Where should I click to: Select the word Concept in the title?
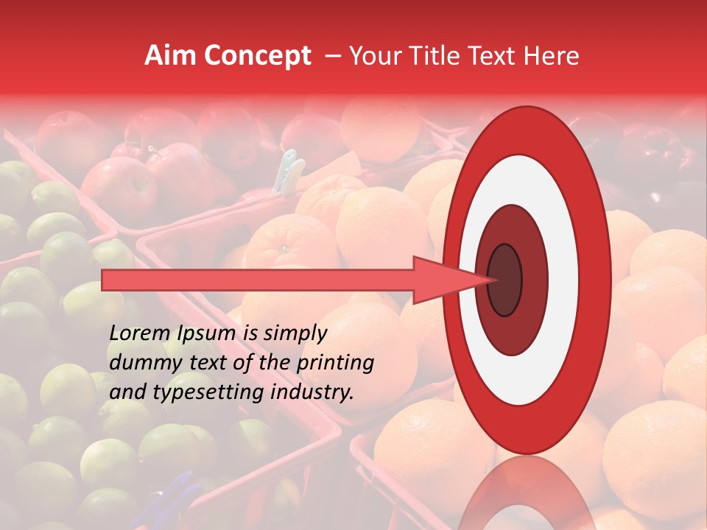tap(257, 57)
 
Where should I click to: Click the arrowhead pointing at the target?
tap(449, 280)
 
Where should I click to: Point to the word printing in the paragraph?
tap(334, 364)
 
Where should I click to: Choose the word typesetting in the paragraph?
tap(214, 393)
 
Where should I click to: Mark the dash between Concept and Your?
tap(333, 57)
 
